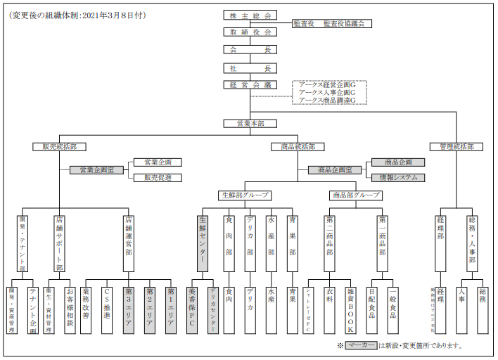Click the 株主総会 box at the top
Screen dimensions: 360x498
250,15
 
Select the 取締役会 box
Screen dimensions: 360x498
250,32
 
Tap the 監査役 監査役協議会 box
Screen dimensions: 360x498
332,23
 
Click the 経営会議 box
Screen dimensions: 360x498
250,85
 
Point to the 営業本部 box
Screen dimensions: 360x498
250,124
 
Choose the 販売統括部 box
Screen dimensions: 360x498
59,147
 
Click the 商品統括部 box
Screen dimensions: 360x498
298,147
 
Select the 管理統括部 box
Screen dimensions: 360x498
456,147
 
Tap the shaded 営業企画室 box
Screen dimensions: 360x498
96,170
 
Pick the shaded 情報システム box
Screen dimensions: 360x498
398,178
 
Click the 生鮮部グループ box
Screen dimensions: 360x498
245,195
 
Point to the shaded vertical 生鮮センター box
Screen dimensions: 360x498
203,243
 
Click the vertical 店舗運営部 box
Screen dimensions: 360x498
128,243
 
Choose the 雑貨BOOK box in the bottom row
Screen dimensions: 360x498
350,310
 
